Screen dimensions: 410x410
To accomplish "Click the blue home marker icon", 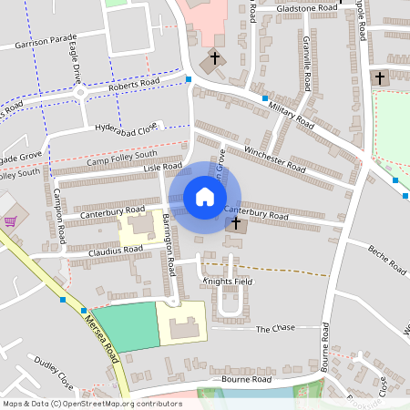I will click(x=205, y=196).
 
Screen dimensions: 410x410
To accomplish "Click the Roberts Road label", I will click(x=135, y=83).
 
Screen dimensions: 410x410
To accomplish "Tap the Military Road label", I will click(x=292, y=114).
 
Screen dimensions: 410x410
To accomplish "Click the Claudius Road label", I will click(x=116, y=249).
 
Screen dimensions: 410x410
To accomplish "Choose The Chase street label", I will click(x=276, y=329).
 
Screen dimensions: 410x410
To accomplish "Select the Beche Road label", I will click(x=385, y=258).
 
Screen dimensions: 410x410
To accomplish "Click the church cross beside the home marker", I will click(x=236, y=222).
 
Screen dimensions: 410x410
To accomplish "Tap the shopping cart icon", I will click(x=10, y=220).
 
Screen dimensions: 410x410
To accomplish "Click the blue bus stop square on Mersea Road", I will click(x=62, y=299).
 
